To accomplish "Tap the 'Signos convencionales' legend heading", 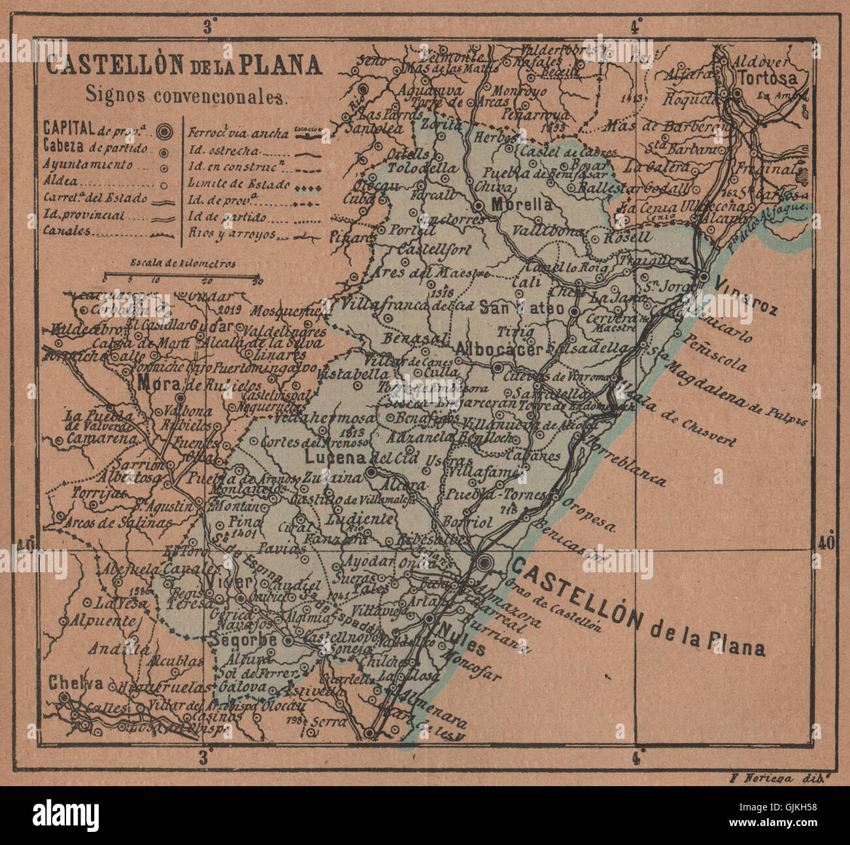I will [186, 95].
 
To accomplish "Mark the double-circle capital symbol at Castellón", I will [484, 562].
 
